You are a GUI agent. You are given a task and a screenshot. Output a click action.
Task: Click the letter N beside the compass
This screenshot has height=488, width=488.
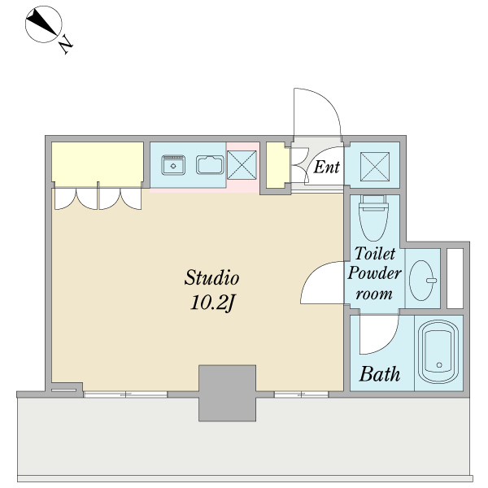(x=66, y=44)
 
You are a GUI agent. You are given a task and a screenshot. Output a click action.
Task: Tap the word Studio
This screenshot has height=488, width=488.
(x=212, y=277)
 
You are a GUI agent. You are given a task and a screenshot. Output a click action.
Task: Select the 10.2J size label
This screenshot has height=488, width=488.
(x=212, y=303)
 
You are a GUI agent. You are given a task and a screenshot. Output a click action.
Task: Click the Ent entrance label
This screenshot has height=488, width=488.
(x=326, y=167)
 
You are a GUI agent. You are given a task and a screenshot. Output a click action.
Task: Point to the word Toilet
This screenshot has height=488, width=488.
(x=375, y=253)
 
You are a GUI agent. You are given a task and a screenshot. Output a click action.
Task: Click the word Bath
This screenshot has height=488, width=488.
(x=380, y=374)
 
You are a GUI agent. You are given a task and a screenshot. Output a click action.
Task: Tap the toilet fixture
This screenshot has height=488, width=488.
(x=374, y=218)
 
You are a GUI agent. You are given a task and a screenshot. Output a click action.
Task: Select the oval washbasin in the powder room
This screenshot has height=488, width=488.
(x=422, y=281)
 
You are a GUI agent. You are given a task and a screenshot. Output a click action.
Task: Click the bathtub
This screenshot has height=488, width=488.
(x=438, y=351)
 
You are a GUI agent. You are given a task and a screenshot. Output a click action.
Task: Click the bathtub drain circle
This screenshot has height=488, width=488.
(x=439, y=364)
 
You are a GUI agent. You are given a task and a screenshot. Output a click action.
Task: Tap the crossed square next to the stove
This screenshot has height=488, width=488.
(x=242, y=165)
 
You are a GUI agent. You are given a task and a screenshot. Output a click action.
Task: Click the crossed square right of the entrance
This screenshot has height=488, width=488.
(x=375, y=167)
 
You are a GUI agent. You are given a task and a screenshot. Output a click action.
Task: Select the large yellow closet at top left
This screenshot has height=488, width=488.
(x=98, y=164)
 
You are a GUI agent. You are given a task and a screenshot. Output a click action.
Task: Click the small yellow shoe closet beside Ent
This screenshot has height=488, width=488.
(x=276, y=165)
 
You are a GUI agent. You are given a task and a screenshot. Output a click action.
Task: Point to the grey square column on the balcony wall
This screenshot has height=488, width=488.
(x=227, y=393)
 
